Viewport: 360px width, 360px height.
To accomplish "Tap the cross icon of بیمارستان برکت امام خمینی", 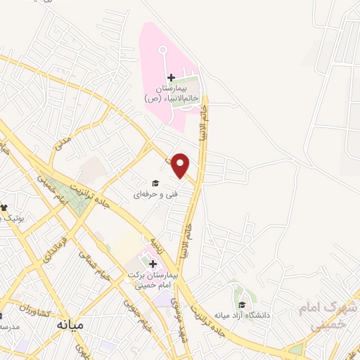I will point(153,264).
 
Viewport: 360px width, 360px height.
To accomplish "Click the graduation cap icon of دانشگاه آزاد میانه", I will point(243,305).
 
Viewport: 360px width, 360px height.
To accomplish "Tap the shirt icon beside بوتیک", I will point(4,207).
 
